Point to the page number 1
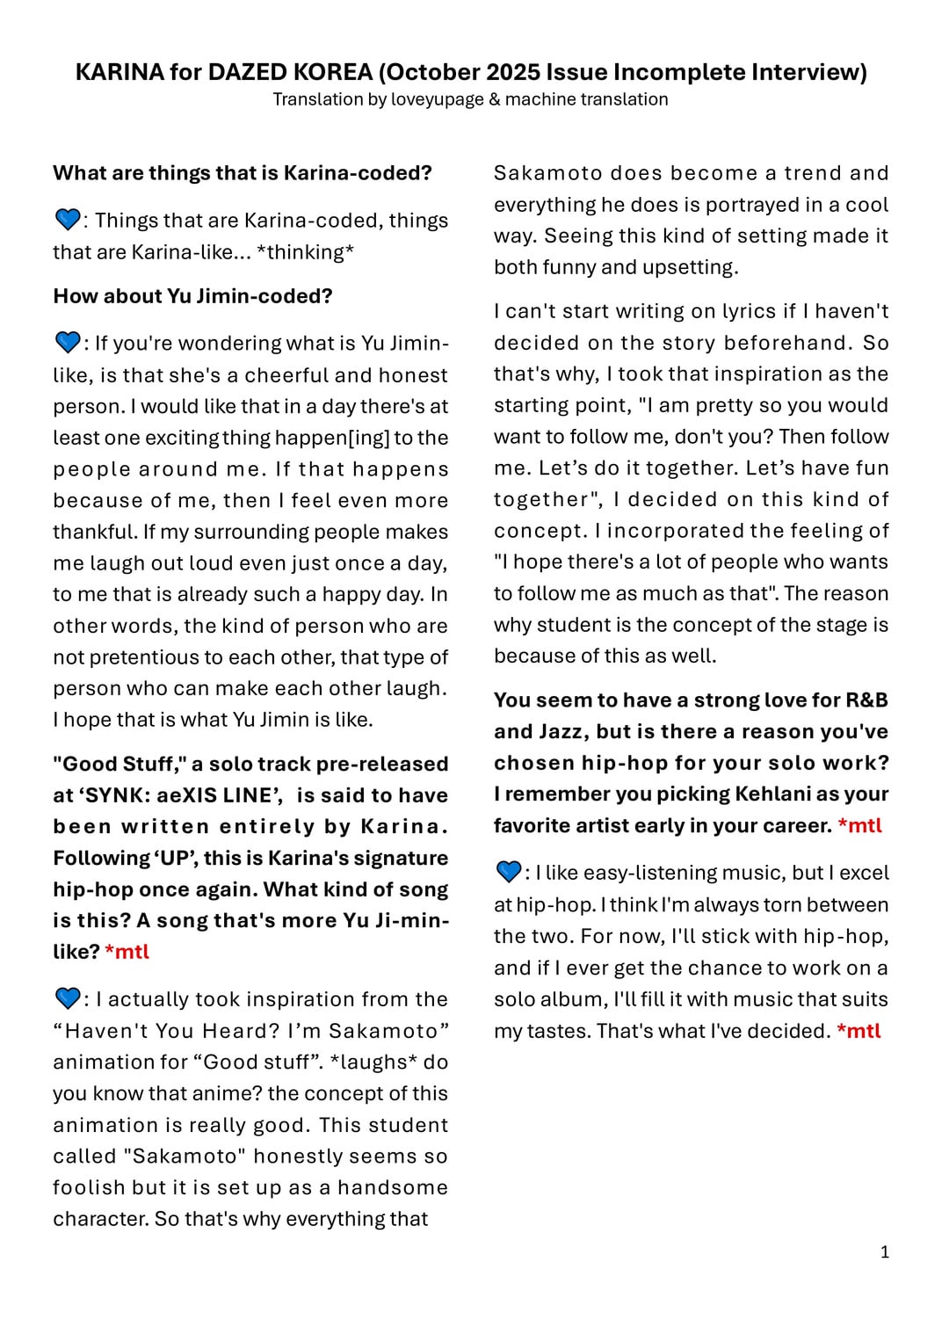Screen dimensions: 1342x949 tap(885, 1251)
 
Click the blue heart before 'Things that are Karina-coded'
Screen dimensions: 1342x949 tap(67, 219)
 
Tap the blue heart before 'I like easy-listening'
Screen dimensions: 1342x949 tap(509, 872)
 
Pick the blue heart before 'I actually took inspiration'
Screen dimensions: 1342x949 tap(67, 998)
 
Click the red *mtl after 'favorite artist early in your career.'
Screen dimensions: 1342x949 tap(859, 826)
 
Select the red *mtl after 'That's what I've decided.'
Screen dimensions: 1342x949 tap(858, 1031)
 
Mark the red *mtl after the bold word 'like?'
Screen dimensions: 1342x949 tap(127, 952)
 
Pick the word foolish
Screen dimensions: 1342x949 tap(89, 1187)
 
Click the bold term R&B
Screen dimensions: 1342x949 tap(866, 700)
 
